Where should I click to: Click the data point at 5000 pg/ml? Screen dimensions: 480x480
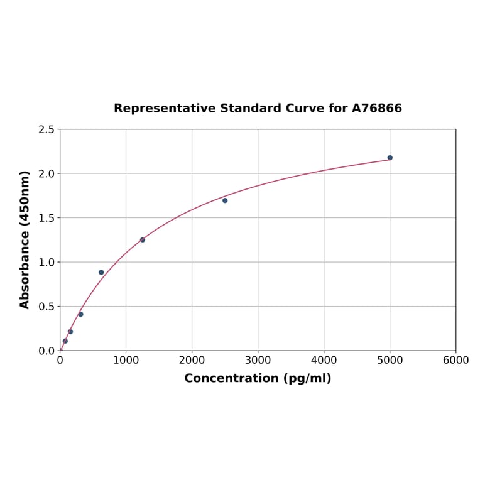(x=390, y=158)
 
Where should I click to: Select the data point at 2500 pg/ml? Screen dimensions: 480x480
(x=225, y=200)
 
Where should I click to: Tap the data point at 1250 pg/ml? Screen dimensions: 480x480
(x=143, y=240)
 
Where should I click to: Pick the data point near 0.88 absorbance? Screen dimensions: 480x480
(x=101, y=273)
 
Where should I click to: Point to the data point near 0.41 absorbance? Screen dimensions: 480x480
(x=80, y=314)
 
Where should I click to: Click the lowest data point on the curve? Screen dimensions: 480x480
(x=65, y=341)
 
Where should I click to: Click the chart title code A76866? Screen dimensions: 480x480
(x=376, y=108)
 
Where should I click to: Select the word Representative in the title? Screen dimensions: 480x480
(x=165, y=108)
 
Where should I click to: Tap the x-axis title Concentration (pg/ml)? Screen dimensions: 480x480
(x=258, y=378)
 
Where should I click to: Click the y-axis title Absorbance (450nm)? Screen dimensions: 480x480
(x=25, y=239)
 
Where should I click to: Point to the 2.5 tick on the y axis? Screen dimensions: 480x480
(x=46, y=129)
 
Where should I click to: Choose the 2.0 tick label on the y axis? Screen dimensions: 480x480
(x=46, y=173)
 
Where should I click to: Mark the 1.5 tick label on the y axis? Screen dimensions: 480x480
(x=46, y=218)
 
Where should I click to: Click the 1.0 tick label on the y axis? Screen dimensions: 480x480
(x=46, y=262)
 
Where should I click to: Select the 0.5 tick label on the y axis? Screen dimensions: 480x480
(x=46, y=307)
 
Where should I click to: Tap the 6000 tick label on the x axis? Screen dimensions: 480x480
(x=455, y=360)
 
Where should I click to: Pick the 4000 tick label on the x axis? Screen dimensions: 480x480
(x=324, y=360)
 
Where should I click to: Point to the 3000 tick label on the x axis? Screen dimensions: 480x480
(x=258, y=360)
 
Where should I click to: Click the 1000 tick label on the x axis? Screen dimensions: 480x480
(x=126, y=360)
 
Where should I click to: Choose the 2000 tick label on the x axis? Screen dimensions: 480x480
(x=192, y=360)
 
